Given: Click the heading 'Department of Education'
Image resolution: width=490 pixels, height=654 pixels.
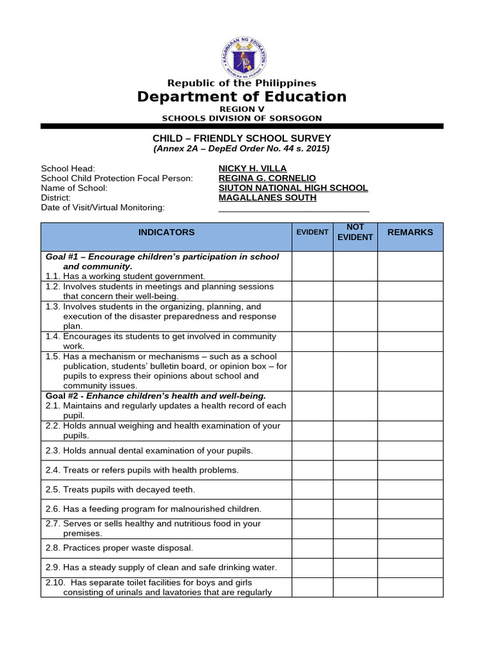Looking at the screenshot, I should (242, 96).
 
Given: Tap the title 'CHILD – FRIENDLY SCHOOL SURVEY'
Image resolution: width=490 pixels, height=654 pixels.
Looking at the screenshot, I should (242, 138).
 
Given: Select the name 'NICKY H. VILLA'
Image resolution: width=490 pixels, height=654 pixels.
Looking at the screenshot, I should (253, 169).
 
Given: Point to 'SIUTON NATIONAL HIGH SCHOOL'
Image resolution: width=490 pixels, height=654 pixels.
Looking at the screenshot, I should (293, 188).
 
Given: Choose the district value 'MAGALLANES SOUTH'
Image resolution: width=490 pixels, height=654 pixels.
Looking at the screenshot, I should (267, 197).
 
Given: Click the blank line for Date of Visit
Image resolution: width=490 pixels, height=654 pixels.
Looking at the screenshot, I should (293, 208).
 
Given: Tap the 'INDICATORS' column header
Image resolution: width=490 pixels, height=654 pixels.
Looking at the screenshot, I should (167, 232).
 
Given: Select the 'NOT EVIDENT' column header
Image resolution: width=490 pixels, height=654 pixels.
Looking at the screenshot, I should (355, 232).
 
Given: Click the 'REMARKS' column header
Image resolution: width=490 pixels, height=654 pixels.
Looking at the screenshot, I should (410, 232).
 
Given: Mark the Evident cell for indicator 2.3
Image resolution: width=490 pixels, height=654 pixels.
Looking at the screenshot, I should (312, 451).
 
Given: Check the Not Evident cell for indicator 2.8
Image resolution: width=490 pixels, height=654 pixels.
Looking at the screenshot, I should (355, 548).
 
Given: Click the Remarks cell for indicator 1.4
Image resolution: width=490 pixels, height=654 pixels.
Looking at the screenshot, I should (410, 341).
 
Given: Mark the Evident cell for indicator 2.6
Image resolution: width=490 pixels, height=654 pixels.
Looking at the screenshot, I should (312, 509).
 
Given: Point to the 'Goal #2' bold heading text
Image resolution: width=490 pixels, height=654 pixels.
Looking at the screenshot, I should (156, 396).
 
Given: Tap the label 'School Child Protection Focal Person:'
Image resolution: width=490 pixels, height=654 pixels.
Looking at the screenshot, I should (117, 178).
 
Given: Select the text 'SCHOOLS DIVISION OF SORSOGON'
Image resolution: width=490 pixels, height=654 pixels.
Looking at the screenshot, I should (242, 118).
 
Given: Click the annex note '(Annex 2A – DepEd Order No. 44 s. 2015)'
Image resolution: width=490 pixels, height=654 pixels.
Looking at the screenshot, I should (242, 149).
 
